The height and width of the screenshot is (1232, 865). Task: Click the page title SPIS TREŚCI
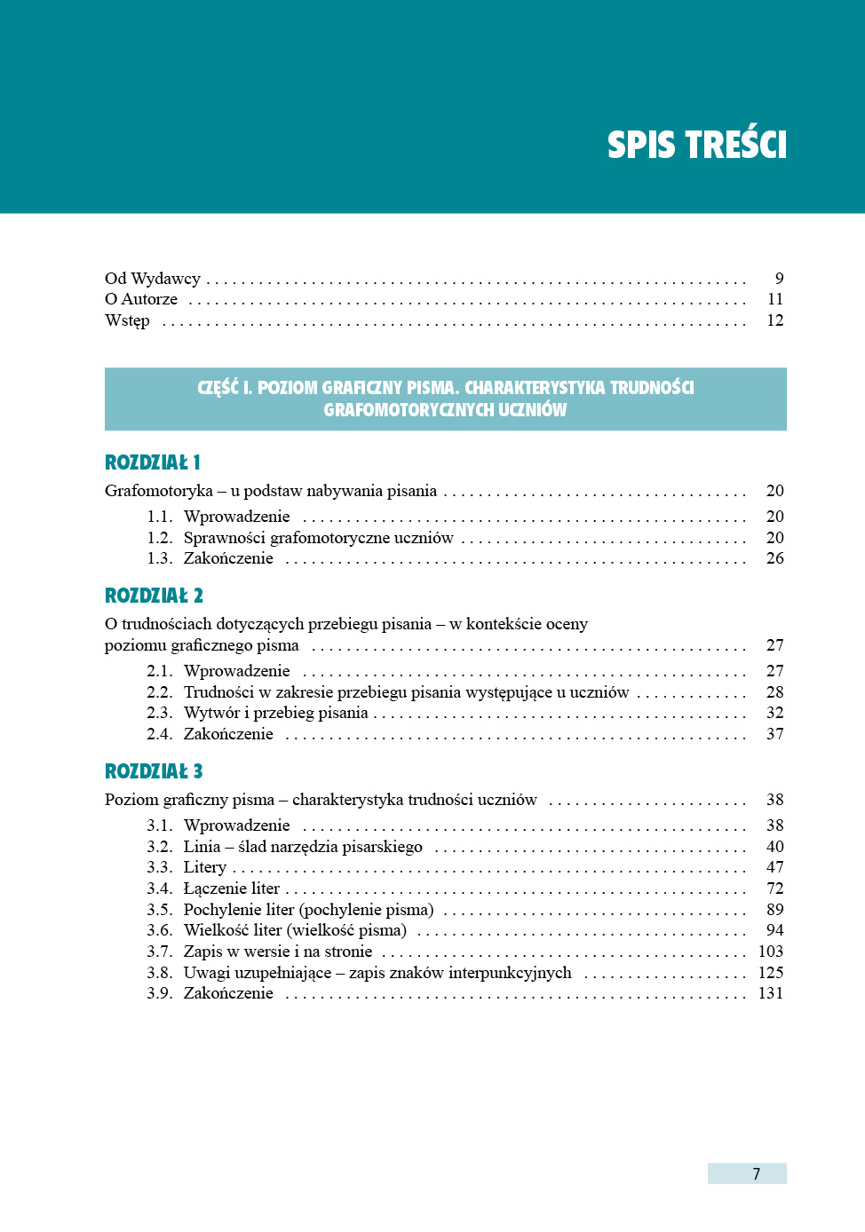(x=696, y=145)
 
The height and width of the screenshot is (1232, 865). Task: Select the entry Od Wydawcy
(x=153, y=279)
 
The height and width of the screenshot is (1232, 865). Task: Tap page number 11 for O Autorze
(x=775, y=299)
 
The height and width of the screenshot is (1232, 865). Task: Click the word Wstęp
(x=127, y=320)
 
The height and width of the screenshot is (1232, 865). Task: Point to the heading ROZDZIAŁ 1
(x=153, y=462)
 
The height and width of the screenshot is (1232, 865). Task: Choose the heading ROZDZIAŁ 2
(x=154, y=596)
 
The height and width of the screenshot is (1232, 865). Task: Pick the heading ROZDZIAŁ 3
(x=154, y=771)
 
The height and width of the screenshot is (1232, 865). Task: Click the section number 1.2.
(x=160, y=538)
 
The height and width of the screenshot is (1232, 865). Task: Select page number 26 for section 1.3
(x=775, y=558)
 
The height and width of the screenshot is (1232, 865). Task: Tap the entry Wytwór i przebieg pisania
(x=275, y=713)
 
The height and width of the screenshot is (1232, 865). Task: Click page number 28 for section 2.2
(x=775, y=692)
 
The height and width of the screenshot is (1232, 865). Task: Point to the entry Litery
(x=205, y=867)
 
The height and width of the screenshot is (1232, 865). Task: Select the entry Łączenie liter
(x=232, y=888)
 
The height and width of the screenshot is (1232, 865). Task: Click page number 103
(x=771, y=952)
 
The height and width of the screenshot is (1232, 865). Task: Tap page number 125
(x=771, y=973)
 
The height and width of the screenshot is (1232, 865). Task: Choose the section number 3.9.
(x=160, y=993)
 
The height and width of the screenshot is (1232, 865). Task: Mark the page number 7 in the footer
(x=756, y=1174)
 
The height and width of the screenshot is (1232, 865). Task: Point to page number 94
(x=775, y=930)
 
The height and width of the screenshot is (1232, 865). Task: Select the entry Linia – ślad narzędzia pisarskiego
(x=303, y=847)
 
